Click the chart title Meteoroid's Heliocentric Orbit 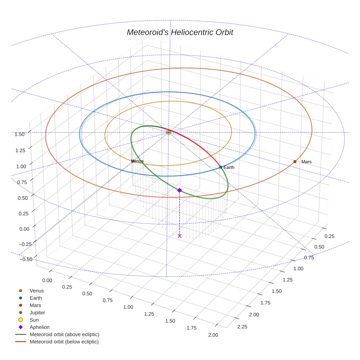click(x=180, y=33)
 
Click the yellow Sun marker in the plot click(x=169, y=132)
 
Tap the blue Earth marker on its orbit click(x=221, y=167)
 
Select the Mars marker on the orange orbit click(x=295, y=161)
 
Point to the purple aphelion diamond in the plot click(x=179, y=190)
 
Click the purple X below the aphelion click(x=179, y=236)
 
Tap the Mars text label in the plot click(x=306, y=162)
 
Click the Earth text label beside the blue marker click(x=229, y=168)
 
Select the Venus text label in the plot click(x=137, y=161)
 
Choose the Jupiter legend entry click(x=37, y=312)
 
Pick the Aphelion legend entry click(x=39, y=327)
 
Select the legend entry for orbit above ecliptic click(x=64, y=334)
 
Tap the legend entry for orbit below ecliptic click(x=64, y=342)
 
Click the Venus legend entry click(x=37, y=290)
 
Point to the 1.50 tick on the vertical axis click(x=20, y=134)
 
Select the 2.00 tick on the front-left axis click(x=213, y=335)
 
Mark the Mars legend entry click(x=35, y=305)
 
